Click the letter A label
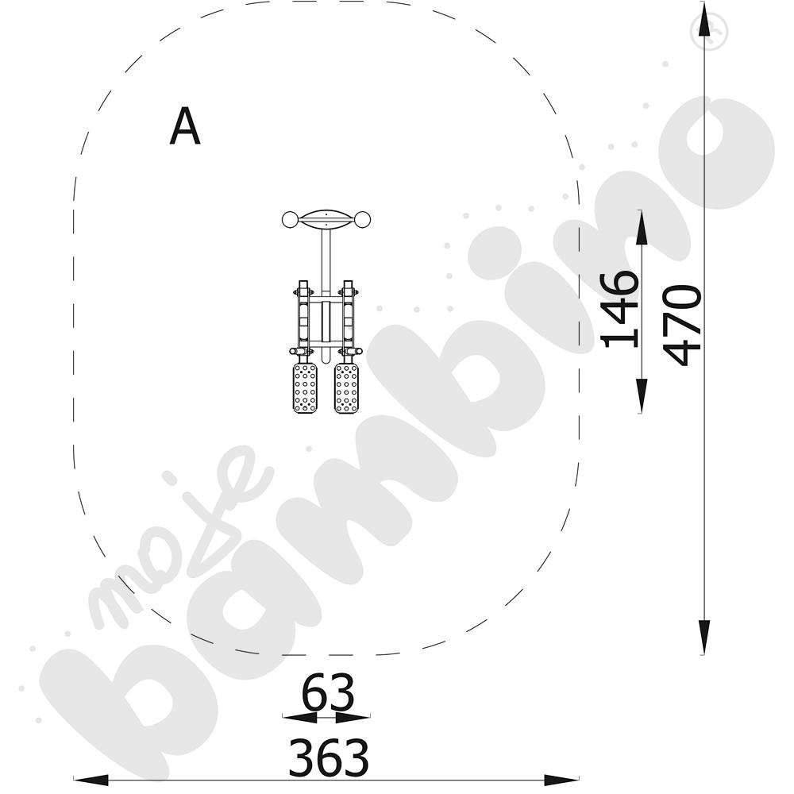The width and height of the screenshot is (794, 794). coord(185,125)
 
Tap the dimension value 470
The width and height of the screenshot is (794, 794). coord(681,325)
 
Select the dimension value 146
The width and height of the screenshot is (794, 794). coord(619,310)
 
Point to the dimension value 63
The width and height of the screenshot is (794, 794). coord(328,692)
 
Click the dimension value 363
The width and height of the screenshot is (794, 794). coord(329,757)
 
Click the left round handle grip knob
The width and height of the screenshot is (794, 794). coord(290,220)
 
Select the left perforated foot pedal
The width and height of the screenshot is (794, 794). coord(306,387)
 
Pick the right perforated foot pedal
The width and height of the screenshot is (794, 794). coord(346,387)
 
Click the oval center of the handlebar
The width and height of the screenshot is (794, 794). coord(326,220)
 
